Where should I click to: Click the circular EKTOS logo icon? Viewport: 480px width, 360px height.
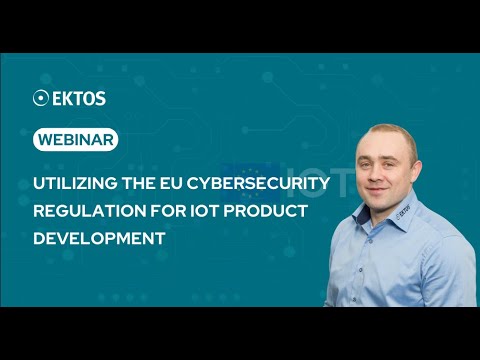pos(41,98)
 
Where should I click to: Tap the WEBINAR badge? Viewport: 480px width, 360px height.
pos(75,140)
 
